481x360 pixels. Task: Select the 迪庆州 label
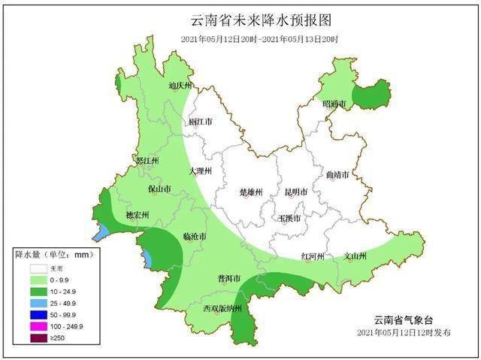181,86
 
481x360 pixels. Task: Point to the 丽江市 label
201,121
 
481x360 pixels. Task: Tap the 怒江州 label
147,161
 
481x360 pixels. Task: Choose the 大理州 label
201,171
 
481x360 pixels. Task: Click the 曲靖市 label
337,175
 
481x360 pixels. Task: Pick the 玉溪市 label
289,219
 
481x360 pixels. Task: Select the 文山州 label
355,256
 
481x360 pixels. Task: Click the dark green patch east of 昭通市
373,95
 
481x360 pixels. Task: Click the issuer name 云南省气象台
405,319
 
